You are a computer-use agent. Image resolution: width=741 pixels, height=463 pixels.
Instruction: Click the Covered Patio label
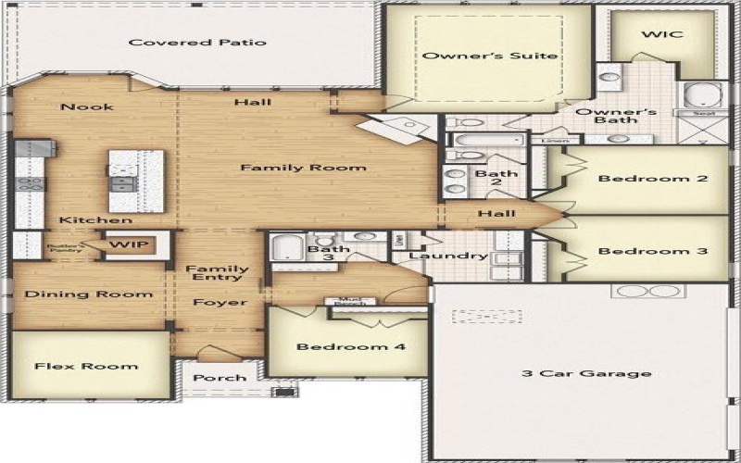tap(197, 43)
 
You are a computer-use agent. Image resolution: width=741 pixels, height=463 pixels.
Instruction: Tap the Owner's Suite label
tap(490, 56)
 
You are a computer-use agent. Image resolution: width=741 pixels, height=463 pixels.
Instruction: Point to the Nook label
tap(87, 107)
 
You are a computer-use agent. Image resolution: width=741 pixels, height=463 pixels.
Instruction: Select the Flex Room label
tap(86, 367)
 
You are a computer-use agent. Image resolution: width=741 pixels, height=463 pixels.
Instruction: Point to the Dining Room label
tap(88, 294)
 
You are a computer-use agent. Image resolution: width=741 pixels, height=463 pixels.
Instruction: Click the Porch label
tap(220, 378)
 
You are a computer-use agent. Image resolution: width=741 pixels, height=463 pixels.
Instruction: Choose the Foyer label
tap(220, 303)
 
